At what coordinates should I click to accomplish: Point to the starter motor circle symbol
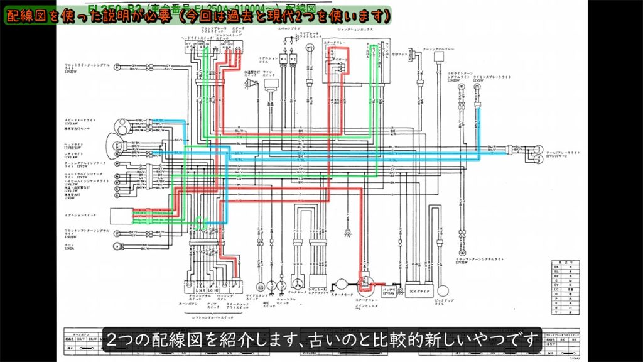point(342,285)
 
